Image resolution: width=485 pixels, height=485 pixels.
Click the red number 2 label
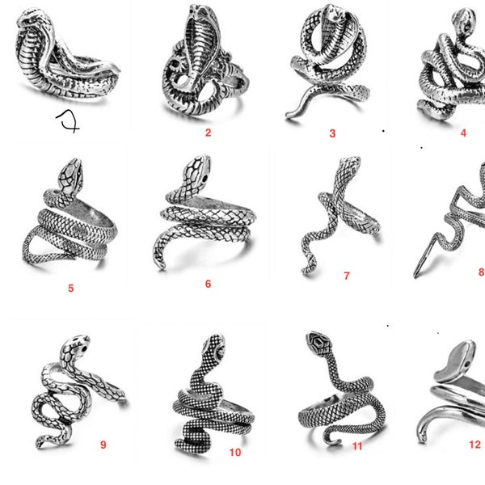(x=208, y=133)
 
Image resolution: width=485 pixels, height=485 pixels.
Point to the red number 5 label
(x=70, y=287)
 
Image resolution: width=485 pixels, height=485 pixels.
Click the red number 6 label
(x=208, y=284)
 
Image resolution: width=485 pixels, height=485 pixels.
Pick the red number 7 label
(x=347, y=276)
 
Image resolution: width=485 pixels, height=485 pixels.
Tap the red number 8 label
(x=481, y=272)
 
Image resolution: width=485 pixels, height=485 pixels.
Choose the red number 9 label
(x=103, y=445)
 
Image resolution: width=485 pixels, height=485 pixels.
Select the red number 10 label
(x=234, y=452)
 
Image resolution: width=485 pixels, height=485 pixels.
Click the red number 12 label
(x=474, y=444)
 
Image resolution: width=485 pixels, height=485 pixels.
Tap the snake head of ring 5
(x=70, y=171)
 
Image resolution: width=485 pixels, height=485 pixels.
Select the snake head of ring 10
(x=214, y=346)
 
